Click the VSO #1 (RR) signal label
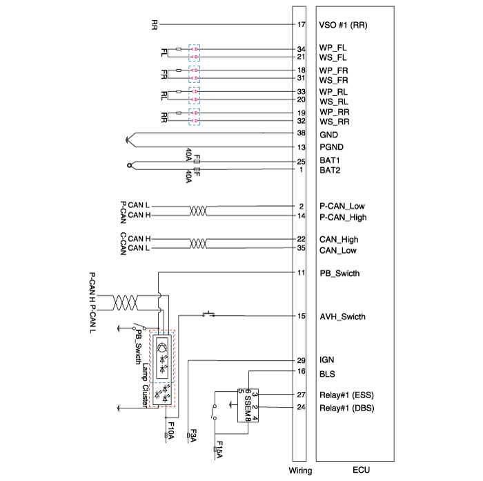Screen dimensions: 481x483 [343, 26]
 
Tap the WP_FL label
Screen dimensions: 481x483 [333, 49]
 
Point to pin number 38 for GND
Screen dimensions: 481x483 [301, 133]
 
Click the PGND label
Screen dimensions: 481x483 [331, 147]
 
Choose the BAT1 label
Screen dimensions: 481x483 [331, 162]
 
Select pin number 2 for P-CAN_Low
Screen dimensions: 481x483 [302, 206]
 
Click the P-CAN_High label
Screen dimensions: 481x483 [343, 218]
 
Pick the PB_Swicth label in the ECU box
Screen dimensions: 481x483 [339, 274]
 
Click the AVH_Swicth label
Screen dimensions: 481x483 [342, 317]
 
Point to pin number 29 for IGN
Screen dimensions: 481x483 [301, 360]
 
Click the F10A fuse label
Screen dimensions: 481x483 [170, 435]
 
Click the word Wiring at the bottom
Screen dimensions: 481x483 [299, 471]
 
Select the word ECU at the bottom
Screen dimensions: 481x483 [362, 471]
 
